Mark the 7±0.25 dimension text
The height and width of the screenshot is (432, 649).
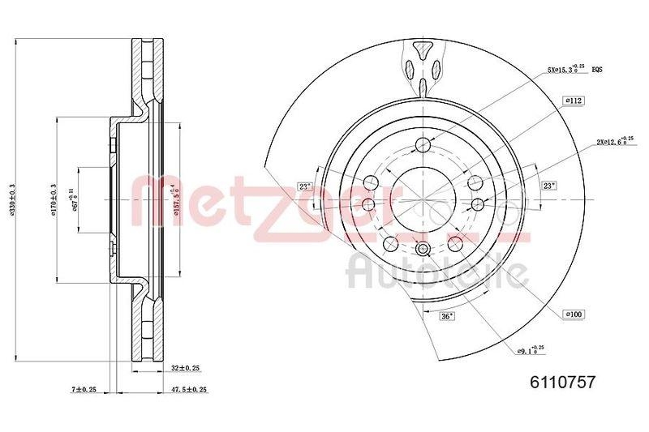[84, 390]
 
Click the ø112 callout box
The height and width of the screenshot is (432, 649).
[574, 101]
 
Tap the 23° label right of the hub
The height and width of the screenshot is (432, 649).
[549, 186]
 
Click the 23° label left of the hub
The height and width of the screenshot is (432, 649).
[305, 186]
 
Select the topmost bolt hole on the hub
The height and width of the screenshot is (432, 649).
[423, 146]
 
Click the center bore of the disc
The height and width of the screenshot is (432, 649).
[423, 199]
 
